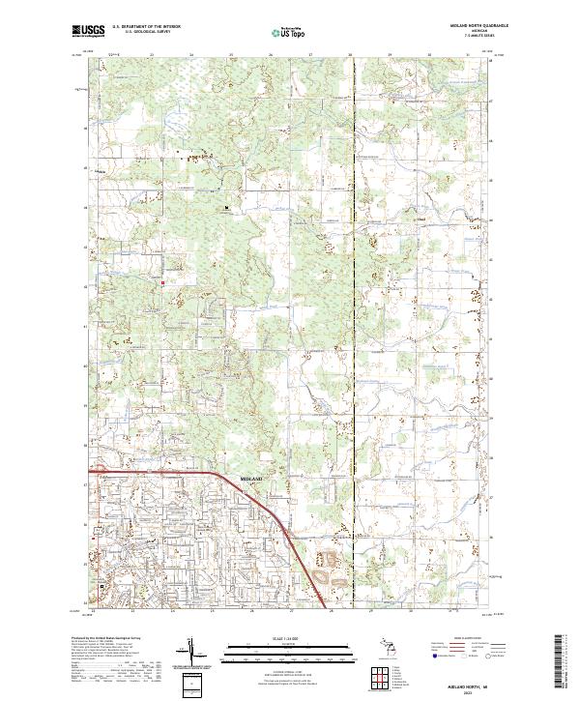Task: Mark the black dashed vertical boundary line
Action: coord(355,290)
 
